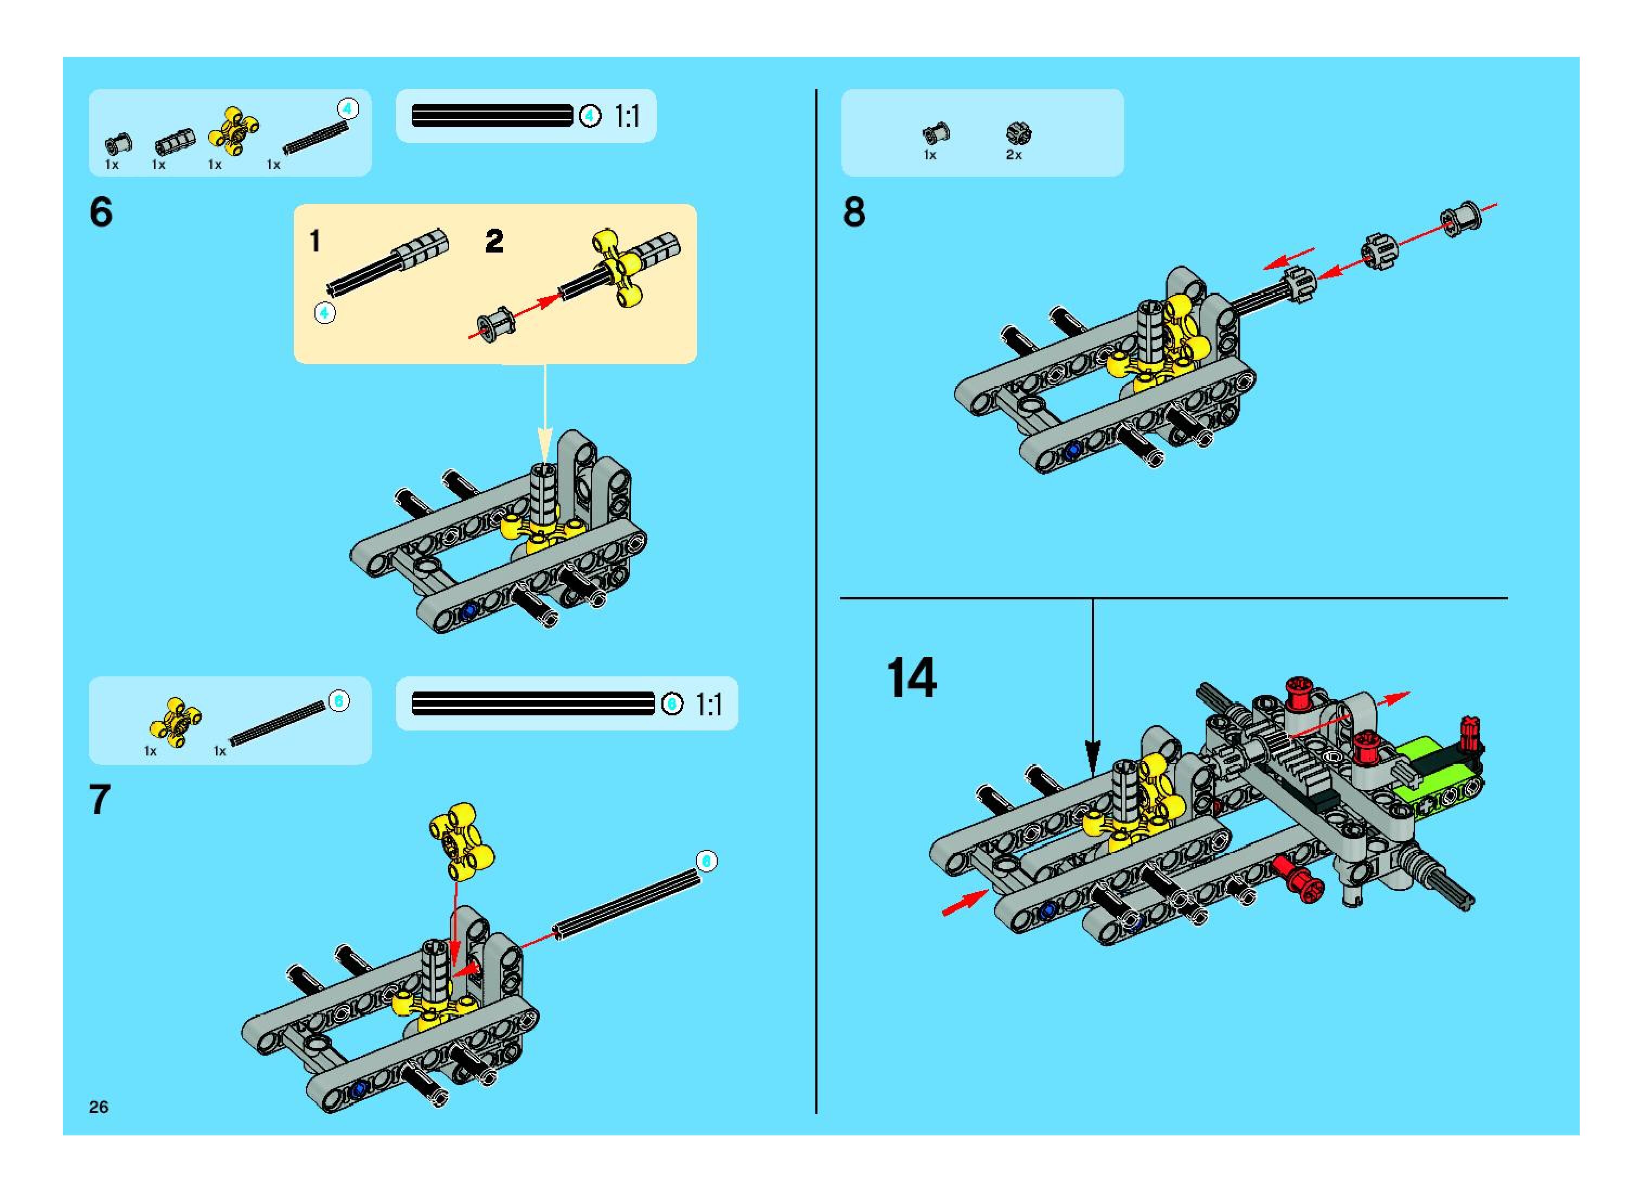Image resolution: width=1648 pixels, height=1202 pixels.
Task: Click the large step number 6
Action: [101, 212]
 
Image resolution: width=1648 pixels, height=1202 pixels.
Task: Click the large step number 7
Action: [100, 800]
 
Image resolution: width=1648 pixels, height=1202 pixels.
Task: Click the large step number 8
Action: [854, 212]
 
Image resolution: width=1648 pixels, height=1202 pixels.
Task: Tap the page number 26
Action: [98, 1107]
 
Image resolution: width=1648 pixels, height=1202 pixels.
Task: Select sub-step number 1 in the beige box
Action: [314, 241]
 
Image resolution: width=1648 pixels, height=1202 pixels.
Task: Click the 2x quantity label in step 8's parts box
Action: [1014, 155]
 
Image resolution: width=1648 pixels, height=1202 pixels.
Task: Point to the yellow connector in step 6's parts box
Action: [234, 131]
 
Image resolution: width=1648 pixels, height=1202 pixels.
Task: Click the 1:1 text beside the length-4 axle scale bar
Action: [627, 117]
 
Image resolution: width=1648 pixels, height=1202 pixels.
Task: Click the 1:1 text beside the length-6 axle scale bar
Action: [709, 705]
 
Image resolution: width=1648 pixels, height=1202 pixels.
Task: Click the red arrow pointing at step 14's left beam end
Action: [964, 902]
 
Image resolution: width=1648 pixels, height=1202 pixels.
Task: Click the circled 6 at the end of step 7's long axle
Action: [706, 861]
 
